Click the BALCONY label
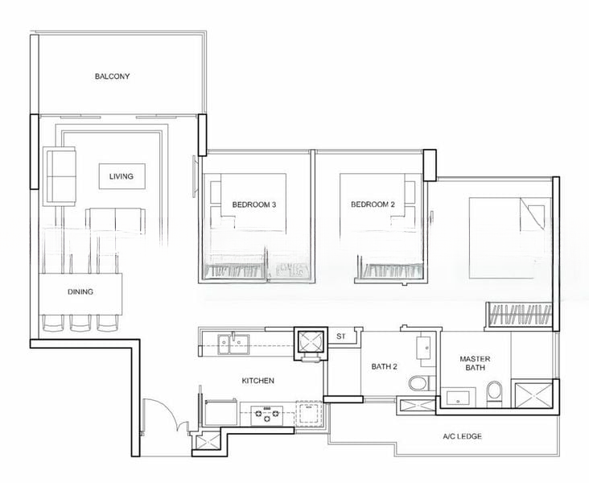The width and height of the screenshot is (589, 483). click(112, 76)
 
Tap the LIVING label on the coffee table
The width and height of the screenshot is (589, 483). click(122, 176)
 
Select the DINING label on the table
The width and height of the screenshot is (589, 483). click(80, 291)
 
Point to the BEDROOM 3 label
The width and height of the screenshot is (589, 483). click(254, 204)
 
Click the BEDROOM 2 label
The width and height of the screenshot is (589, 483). click(373, 204)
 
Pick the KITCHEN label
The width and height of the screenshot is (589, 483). click(257, 381)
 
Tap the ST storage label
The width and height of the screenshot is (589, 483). click(340, 336)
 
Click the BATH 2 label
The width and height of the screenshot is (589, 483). click(385, 366)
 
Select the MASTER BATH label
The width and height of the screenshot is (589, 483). click(475, 363)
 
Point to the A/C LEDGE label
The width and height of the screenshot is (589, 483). click(462, 436)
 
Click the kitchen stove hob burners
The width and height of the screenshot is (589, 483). click(266, 415)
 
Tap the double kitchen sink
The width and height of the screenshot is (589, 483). click(233, 344)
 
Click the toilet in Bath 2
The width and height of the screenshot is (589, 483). click(418, 383)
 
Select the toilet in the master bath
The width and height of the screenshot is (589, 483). click(494, 394)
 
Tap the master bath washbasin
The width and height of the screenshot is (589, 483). click(458, 398)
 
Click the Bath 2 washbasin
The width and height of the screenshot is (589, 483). click(426, 347)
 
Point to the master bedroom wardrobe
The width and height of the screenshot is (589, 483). click(520, 315)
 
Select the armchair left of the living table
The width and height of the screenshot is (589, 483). click(60, 176)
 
